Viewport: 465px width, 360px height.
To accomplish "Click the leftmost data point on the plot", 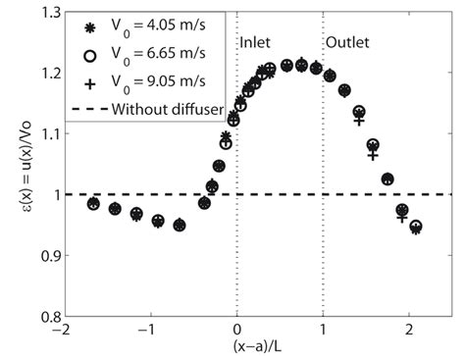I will click(93, 204).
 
